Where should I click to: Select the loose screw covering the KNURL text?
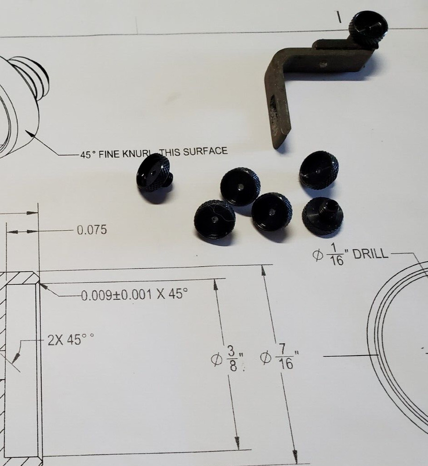(154, 178)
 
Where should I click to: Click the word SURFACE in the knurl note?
(205, 151)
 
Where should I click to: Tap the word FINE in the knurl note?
(109, 154)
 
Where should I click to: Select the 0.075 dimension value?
(91, 230)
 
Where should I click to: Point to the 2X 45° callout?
(70, 339)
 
